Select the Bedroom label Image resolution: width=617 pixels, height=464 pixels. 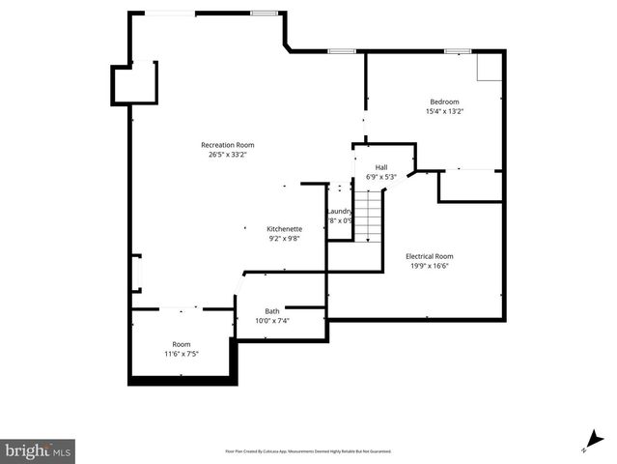(x=444, y=101)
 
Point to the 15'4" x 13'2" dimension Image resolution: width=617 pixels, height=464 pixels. (x=444, y=111)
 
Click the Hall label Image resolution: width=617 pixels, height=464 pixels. (x=381, y=167)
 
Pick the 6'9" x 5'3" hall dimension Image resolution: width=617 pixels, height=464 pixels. (x=381, y=177)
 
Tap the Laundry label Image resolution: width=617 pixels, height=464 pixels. (x=339, y=211)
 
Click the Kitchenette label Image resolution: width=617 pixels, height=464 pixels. (x=285, y=229)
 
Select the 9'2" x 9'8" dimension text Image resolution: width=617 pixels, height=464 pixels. (x=285, y=239)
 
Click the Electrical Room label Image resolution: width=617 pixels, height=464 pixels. (x=430, y=256)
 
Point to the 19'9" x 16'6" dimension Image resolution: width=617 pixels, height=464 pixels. (x=430, y=266)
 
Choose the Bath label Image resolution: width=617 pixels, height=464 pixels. (x=272, y=311)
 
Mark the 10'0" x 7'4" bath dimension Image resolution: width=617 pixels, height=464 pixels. (x=272, y=321)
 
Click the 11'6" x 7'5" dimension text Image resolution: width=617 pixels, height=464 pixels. (x=182, y=355)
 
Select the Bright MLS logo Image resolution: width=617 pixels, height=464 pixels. (x=38, y=449)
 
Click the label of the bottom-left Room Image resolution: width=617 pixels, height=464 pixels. (x=182, y=345)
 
